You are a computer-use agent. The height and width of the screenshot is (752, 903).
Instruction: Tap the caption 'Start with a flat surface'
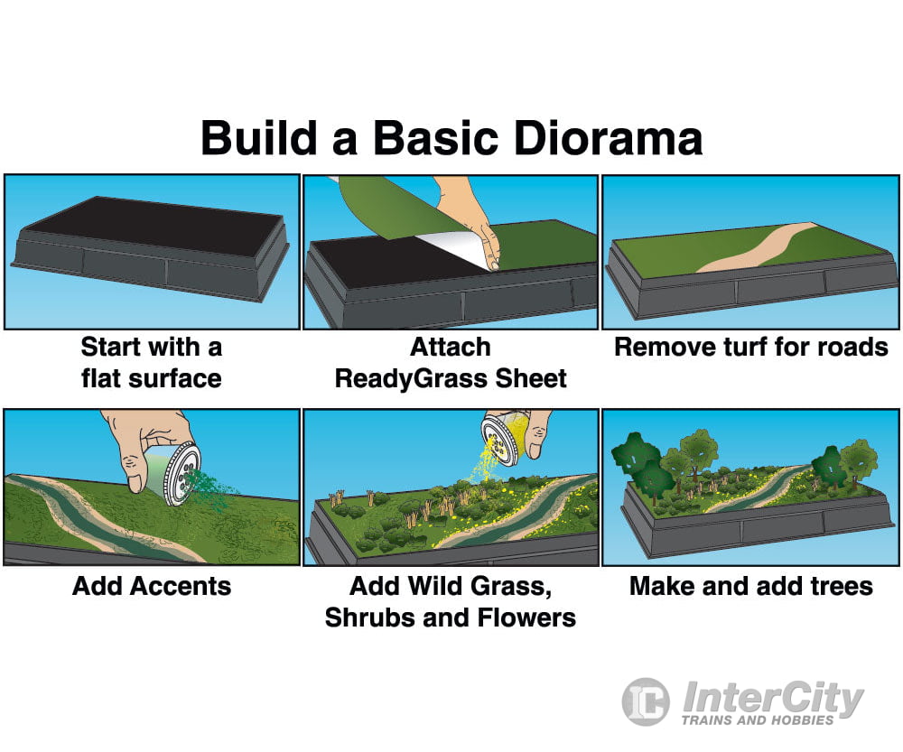(151, 362)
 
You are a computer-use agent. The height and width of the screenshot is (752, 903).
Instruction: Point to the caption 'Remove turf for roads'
(751, 348)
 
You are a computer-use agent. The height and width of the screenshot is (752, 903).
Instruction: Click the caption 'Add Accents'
(152, 586)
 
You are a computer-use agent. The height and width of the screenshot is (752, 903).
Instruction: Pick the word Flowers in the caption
(524, 617)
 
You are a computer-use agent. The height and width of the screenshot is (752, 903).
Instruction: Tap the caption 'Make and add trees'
(751, 586)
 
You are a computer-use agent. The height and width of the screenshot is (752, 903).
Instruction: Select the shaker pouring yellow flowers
(501, 439)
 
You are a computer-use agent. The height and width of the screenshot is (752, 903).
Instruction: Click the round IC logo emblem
(646, 701)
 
